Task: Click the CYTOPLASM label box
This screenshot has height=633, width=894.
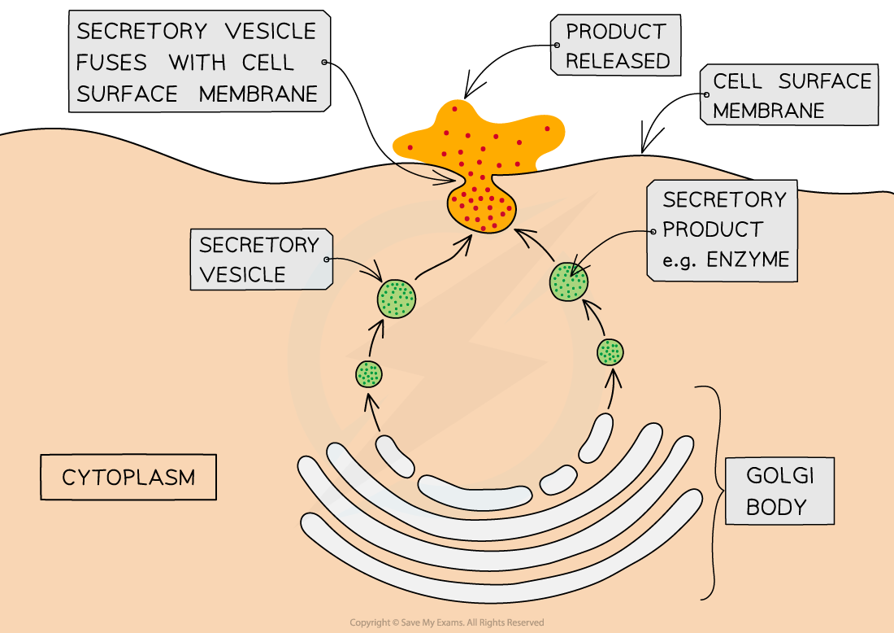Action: tap(128, 477)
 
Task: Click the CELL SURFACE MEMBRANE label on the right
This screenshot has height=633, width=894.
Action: tap(791, 95)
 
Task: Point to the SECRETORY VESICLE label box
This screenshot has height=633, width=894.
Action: tap(259, 260)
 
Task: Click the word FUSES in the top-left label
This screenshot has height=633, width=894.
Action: tap(112, 63)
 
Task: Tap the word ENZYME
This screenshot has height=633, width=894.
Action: tap(748, 260)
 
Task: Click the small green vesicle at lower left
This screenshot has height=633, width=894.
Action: tap(369, 374)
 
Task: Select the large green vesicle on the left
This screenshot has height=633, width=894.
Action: tap(397, 298)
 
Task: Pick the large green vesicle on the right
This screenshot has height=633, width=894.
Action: tap(570, 282)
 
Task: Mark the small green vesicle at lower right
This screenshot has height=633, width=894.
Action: tap(610, 352)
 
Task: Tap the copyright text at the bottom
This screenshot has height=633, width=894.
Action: tap(446, 622)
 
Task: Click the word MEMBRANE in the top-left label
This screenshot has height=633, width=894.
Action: tap(258, 94)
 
